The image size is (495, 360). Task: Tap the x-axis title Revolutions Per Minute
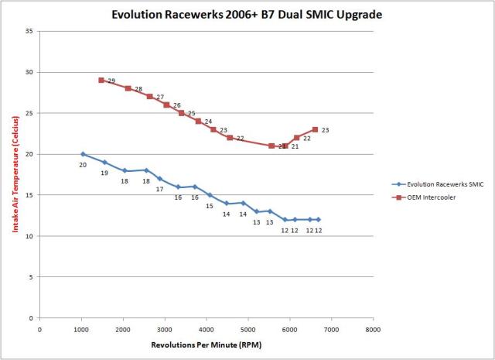(205, 342)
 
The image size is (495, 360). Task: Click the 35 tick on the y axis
(29, 32)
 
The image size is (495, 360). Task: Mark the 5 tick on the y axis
(31, 277)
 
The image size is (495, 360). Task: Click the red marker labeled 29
(101, 80)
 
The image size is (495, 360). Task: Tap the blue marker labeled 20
(83, 154)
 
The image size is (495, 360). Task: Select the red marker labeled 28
(128, 88)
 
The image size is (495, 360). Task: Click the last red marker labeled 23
(315, 129)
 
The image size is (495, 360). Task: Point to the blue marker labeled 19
(104, 162)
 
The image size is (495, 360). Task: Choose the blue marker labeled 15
(210, 195)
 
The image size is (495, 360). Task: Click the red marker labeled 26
(166, 105)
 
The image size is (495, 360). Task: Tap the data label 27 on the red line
(160, 98)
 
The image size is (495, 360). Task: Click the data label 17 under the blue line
(160, 189)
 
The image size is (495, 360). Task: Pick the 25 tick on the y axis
(29, 113)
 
